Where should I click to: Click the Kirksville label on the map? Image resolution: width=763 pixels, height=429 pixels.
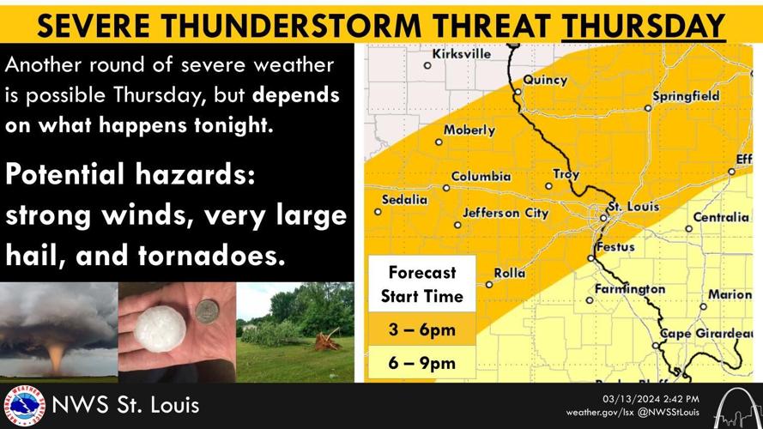462,53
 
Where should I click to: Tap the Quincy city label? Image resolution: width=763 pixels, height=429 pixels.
546,81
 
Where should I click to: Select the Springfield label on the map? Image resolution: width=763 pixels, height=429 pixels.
686,96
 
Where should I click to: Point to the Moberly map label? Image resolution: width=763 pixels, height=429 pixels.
469,130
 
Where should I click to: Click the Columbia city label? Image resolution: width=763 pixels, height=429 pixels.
481,177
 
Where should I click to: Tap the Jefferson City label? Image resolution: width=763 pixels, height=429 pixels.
503,213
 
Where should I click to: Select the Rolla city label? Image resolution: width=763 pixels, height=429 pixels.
510,274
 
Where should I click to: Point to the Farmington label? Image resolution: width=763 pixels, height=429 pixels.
630,289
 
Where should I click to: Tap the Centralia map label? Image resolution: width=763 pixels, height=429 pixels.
721,217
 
